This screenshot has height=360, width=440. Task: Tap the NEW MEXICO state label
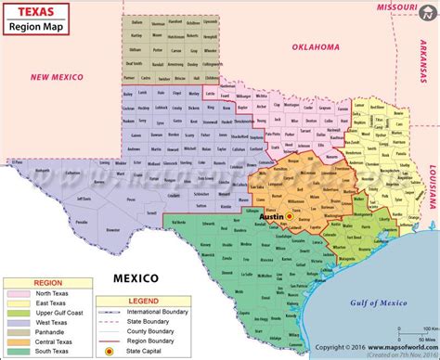(x=59, y=78)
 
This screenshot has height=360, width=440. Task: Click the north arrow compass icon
(x=426, y=12)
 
